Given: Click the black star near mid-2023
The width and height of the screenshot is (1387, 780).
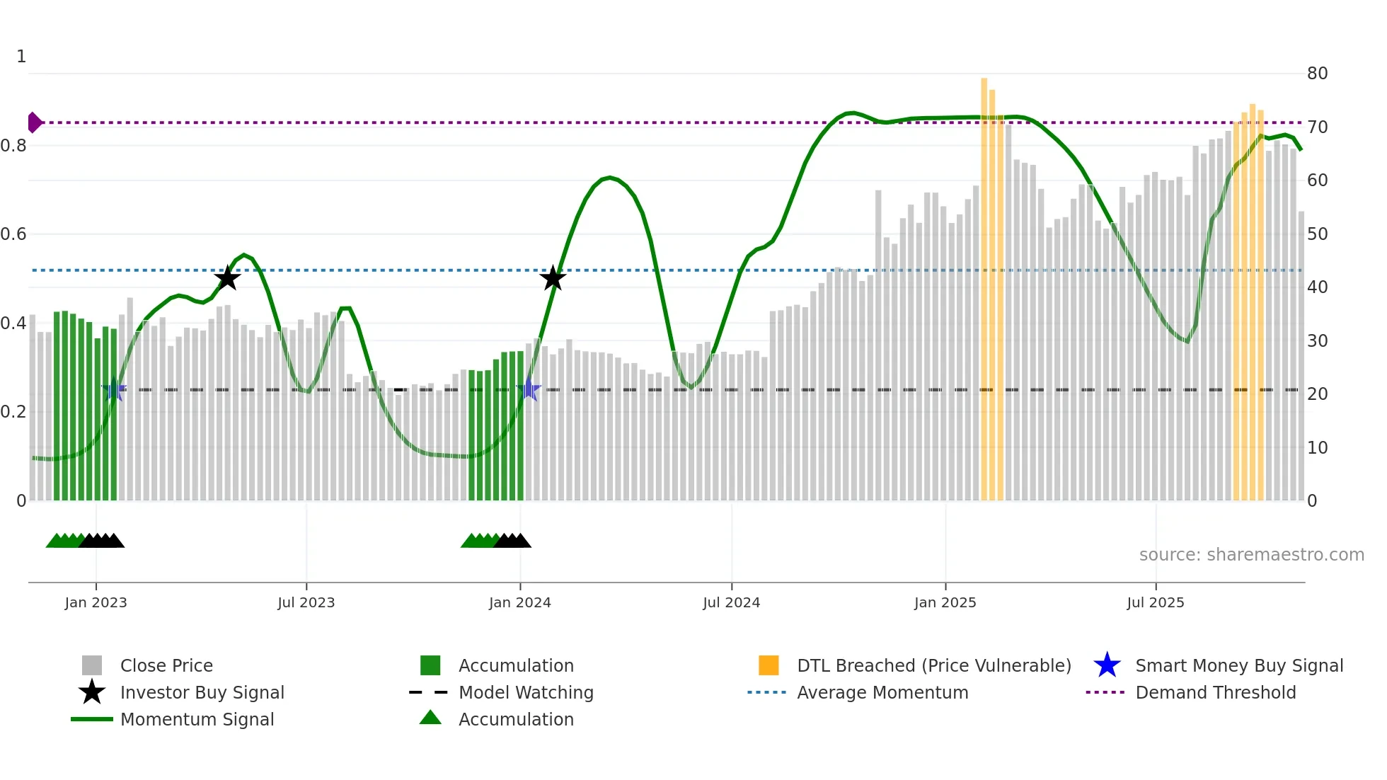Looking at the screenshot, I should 227,278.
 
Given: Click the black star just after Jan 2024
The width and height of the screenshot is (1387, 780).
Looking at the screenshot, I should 553,278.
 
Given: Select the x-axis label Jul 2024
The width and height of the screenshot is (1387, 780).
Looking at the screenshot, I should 731,602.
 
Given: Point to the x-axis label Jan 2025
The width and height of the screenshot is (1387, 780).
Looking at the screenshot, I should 945,602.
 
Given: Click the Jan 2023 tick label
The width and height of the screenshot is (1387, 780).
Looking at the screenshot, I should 96,602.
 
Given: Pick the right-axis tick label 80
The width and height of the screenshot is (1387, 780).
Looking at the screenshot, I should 1317,74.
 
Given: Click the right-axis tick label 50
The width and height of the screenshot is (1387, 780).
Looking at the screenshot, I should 1317,234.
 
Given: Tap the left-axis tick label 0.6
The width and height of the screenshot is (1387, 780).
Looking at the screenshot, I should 13,234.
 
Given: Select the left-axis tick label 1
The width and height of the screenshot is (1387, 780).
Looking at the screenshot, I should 21,57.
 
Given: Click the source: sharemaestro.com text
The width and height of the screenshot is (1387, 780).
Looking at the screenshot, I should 1251,555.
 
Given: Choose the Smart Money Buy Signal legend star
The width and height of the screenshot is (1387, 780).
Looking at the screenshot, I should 1107,665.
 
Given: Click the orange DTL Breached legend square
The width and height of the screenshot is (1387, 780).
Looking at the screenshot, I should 769,665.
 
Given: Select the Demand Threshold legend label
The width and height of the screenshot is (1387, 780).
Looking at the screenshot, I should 1215,692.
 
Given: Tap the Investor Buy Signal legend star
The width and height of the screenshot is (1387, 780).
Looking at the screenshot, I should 92,692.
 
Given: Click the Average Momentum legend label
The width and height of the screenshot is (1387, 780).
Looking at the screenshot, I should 882,692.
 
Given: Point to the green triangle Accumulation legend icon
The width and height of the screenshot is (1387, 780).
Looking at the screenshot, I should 430,718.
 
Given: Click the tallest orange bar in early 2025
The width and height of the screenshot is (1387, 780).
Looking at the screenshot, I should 984,283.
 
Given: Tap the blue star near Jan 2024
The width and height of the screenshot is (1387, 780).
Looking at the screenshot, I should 529,389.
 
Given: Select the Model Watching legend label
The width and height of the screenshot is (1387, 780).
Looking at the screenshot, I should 526,692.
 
